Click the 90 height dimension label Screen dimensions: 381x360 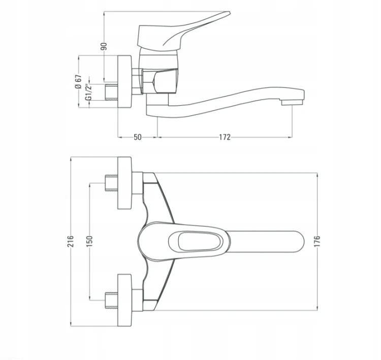[104, 46]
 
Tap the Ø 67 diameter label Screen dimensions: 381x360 [78, 81]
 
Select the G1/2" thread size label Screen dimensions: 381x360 [89, 91]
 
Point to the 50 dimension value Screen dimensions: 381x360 [137, 137]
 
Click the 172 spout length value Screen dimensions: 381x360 [225, 137]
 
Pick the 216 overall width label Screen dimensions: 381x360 [70, 241]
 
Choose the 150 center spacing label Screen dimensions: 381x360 [89, 241]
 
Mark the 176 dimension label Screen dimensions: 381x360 [317, 241]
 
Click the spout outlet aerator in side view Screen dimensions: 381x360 [292, 102]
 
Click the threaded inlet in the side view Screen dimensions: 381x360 [112, 92]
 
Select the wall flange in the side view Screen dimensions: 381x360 [124, 82]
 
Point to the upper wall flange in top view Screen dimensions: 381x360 [124, 183]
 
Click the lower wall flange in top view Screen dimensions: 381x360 [124, 300]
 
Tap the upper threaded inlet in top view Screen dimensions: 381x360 [112, 183]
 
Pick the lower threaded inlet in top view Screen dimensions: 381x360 [112, 300]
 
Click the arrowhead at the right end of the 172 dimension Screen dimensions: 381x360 [290, 137]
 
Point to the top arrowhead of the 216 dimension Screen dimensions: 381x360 [71, 159]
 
